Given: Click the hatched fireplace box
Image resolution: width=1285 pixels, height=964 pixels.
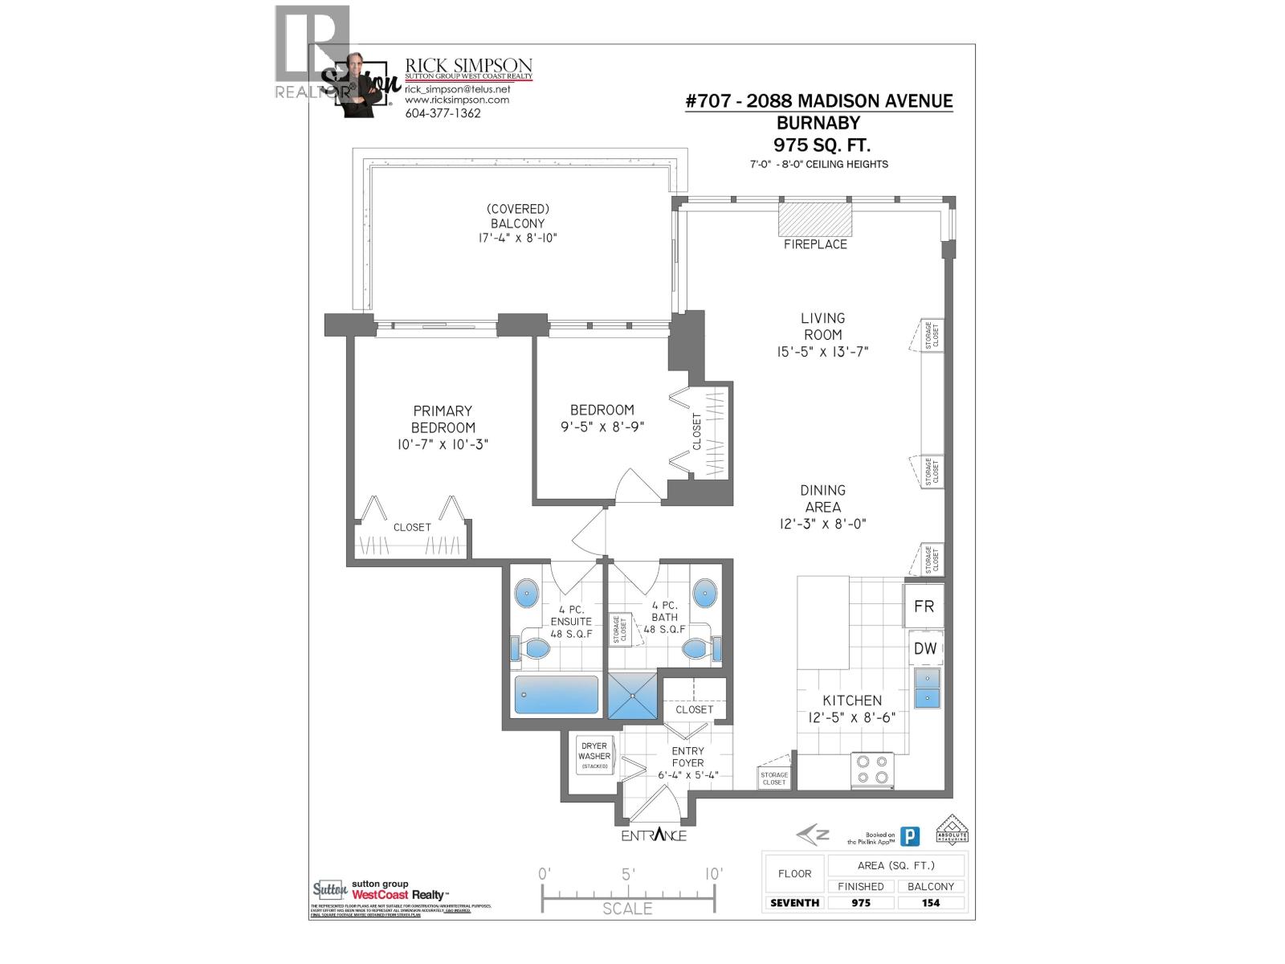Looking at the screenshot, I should [815, 218].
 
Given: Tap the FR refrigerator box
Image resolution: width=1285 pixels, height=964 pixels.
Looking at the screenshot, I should [924, 607].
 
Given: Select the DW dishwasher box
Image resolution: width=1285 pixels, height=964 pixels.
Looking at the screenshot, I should [925, 648].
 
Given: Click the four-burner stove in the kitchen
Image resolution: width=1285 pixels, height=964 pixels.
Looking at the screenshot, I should [872, 769].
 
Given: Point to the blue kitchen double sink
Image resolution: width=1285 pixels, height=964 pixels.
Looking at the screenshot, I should [927, 688].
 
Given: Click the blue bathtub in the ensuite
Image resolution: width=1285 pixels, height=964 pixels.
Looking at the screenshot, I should [557, 695].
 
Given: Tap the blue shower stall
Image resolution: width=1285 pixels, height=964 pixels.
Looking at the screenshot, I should [632, 696].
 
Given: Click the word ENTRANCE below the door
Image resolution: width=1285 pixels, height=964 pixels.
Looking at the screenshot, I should [654, 835].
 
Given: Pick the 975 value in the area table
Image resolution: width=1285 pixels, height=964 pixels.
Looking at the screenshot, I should [861, 903].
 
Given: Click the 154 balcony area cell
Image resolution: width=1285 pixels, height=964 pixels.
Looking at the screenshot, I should [931, 903].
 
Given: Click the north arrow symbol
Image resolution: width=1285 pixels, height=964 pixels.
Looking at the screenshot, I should [813, 835].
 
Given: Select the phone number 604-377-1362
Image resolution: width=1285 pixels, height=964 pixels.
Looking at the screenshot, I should [443, 113].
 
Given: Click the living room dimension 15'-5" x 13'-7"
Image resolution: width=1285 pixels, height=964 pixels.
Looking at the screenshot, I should [822, 352].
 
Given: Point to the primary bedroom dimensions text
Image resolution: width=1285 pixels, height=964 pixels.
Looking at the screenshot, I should [443, 444].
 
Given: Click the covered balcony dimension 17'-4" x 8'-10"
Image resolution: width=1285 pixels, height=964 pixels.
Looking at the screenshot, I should [518, 239].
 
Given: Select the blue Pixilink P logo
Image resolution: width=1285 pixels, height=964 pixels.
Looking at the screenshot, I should [909, 837].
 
